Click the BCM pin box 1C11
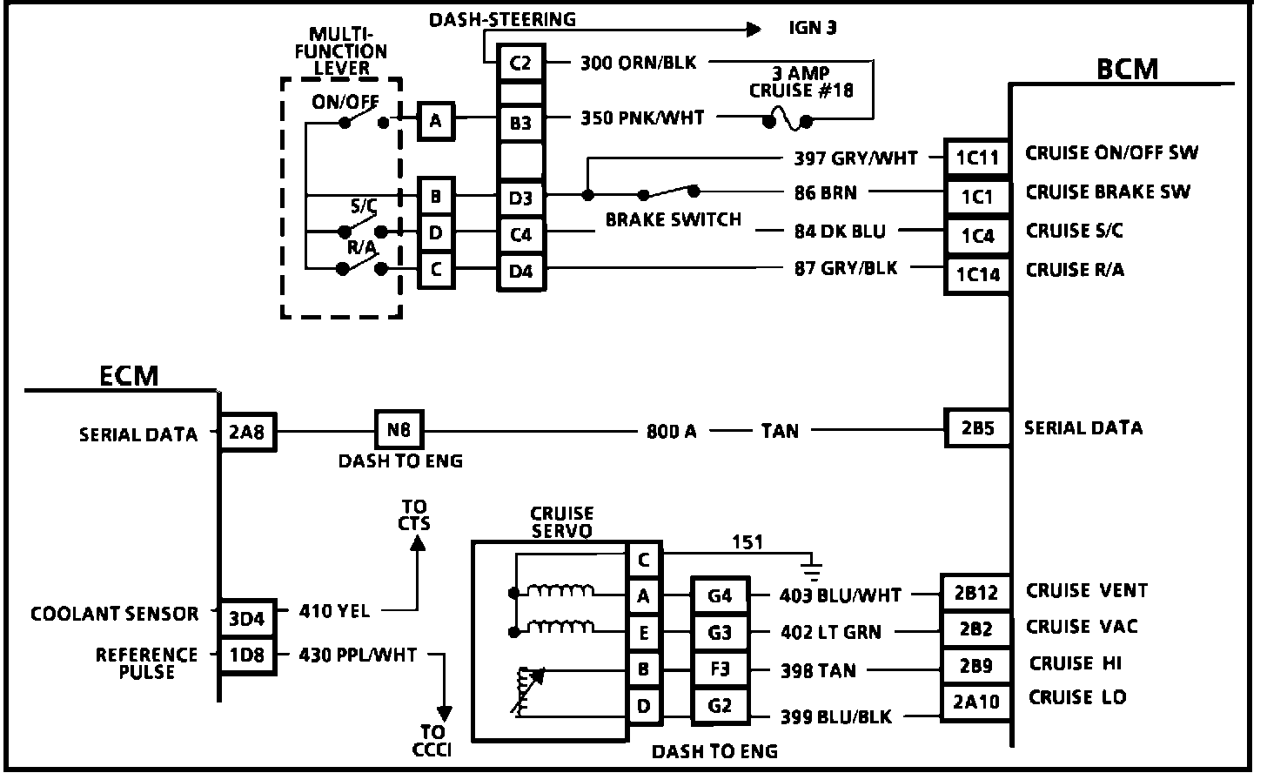[x=977, y=158]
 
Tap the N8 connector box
[x=399, y=430]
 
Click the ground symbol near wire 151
[x=811, y=570]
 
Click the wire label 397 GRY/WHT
[x=855, y=158]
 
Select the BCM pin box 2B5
[x=976, y=428]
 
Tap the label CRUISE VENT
[x=1087, y=590]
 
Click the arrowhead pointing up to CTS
[x=418, y=541]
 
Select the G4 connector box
[x=719, y=596]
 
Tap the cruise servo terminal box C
[x=643, y=560]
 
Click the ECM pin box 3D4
[x=246, y=619]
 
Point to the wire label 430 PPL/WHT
[x=358, y=654]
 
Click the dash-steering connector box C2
[x=520, y=63]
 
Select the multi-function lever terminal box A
[x=435, y=121]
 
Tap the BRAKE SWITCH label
[x=673, y=220]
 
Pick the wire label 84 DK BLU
[x=839, y=232]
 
